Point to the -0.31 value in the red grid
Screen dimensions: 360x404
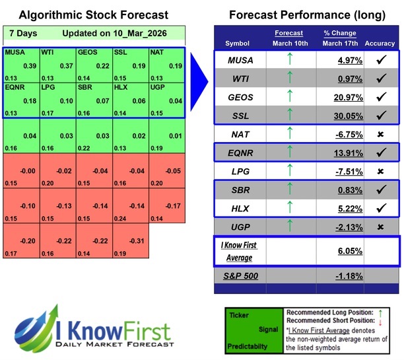click(x=139, y=240)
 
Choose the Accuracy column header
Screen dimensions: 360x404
click(x=379, y=44)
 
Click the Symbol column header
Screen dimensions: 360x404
click(x=238, y=44)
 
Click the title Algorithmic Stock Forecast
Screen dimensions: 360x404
click(x=93, y=15)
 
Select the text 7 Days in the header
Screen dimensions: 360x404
click(x=24, y=32)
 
